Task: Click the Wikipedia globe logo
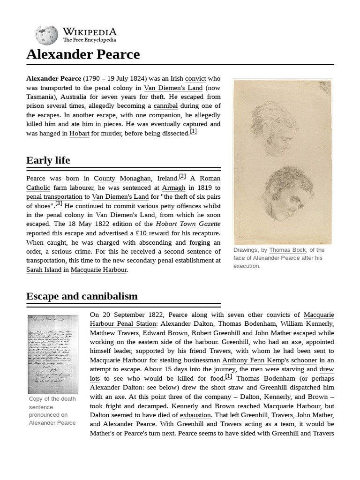pos(46,35)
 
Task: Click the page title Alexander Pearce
pos(83,54)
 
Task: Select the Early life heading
pos(48,160)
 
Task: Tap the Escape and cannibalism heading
pos(82,296)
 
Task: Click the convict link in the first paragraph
pos(195,79)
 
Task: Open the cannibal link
pos(165,106)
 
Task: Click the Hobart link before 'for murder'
pos(79,133)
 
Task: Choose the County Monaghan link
pos(122,179)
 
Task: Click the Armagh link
pos(173,187)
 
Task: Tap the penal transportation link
pos(54,197)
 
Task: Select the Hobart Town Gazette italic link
pos(188,224)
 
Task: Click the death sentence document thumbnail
pos(53,354)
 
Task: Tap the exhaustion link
pos(195,415)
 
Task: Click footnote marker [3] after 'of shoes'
pos(59,204)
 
